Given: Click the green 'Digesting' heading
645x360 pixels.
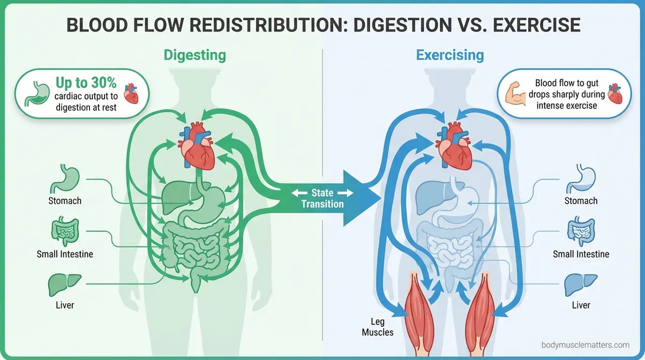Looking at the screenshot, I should coord(194,55).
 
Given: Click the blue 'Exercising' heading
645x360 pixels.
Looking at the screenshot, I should coord(450,55).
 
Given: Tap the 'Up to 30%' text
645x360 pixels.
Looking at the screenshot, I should coord(86,83).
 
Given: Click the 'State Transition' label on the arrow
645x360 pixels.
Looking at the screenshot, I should coord(322,198).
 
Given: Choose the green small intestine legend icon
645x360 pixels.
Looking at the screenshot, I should coord(64,232).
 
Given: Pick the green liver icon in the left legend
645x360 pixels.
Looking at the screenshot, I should coord(64,284).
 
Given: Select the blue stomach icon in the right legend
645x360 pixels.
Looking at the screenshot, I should coord(581,179).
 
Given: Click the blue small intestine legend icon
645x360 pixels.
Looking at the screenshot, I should coord(581,232).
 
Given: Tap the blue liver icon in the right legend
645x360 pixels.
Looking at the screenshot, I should coord(581,284).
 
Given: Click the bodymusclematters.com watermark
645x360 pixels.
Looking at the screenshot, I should coord(586,346).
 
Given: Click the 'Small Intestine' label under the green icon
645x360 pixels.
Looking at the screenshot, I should coord(65,254).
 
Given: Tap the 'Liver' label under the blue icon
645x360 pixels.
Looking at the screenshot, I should coord(581,305).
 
